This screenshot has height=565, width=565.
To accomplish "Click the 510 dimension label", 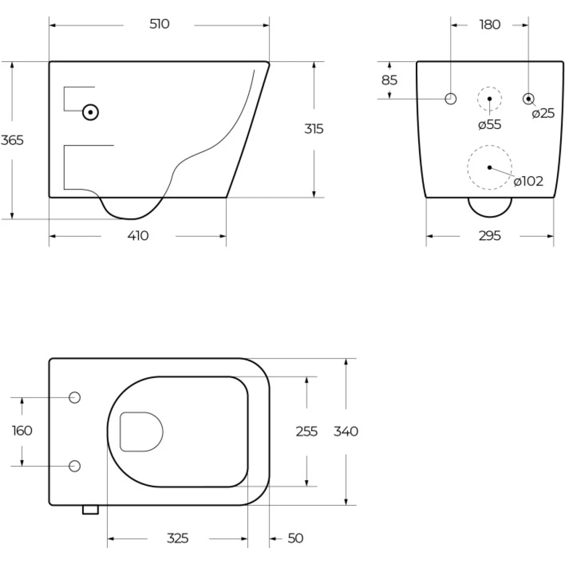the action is [159, 24].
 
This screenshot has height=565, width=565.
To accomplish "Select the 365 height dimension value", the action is [12, 140].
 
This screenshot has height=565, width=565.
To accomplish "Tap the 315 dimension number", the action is [314, 129].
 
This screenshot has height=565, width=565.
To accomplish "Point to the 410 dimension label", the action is [138, 236].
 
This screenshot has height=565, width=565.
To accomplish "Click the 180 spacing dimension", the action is [490, 24].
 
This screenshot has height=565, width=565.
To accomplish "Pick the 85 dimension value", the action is [389, 80].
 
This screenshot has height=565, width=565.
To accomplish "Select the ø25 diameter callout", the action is [543, 113].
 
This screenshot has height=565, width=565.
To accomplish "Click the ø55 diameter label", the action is [490, 125].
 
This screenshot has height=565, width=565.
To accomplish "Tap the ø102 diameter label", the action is [528, 181].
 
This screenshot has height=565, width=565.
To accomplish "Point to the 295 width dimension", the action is [490, 236].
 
